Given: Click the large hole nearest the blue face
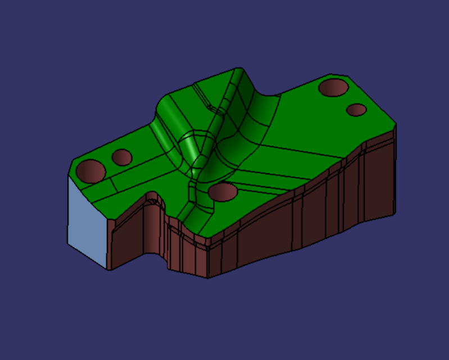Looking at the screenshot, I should pyautogui.click(x=91, y=170).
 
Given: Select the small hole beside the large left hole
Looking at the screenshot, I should pyautogui.click(x=121, y=157).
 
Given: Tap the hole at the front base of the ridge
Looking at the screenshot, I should pyautogui.click(x=223, y=192).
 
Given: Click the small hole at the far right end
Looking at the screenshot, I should pyautogui.click(x=356, y=109).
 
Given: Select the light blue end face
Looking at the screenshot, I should pyautogui.click(x=87, y=219).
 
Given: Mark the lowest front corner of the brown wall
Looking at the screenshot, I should pyautogui.click(x=207, y=277).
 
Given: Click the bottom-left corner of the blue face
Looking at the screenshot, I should pyautogui.click(x=68, y=244).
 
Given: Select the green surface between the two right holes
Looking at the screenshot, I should pyautogui.click(x=345, y=99).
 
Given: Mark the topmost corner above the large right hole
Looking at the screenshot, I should pyautogui.click(x=329, y=74).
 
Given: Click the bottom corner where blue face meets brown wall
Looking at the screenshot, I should pyautogui.click(x=108, y=269).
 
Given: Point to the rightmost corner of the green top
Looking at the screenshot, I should pyautogui.click(x=396, y=122).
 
